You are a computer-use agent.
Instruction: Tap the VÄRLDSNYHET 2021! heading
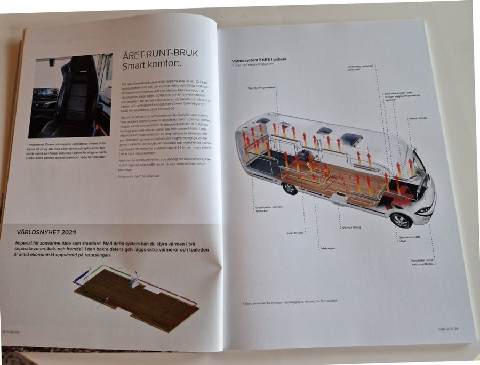46,232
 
